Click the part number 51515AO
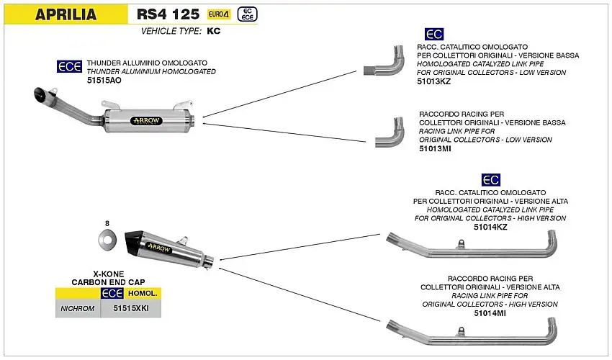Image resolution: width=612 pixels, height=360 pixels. click(104, 82)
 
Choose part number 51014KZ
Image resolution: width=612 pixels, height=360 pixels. click(490, 227)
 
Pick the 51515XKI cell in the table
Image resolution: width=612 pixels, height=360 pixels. click(131, 308)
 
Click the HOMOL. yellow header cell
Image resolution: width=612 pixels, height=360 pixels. click(142, 294)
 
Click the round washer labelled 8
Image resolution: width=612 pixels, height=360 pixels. click(106, 239)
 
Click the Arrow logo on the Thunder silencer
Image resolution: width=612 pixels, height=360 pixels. click(146, 120)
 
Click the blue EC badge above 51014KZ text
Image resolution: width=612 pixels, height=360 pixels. click(490, 179)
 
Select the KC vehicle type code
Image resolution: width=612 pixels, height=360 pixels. click(213, 31)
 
